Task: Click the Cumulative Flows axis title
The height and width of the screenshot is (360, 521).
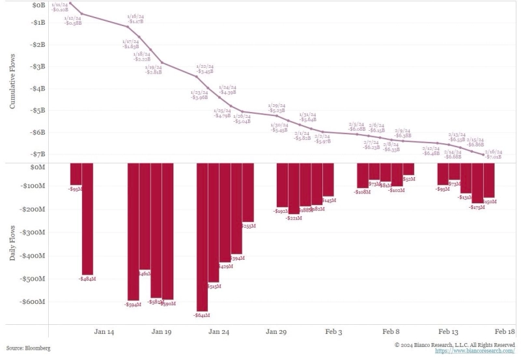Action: click(x=14, y=81)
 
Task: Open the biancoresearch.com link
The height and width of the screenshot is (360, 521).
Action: click(x=479, y=351)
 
